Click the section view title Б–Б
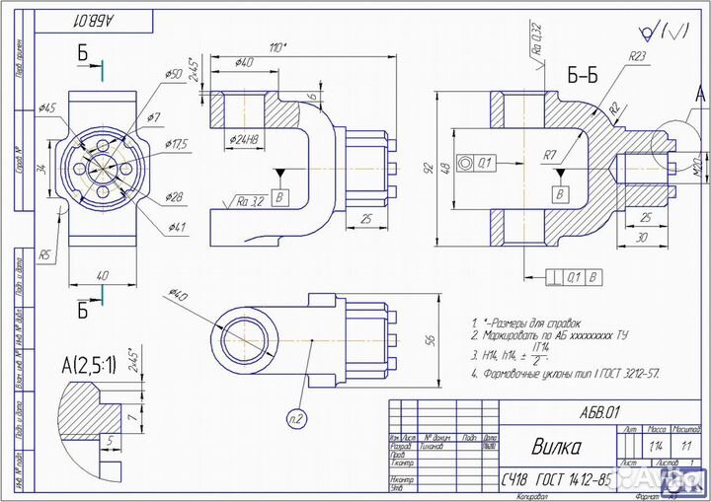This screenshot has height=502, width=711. click(582, 76)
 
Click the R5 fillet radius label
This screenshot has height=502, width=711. click(46, 255)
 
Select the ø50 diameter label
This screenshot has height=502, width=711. click(173, 74)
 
